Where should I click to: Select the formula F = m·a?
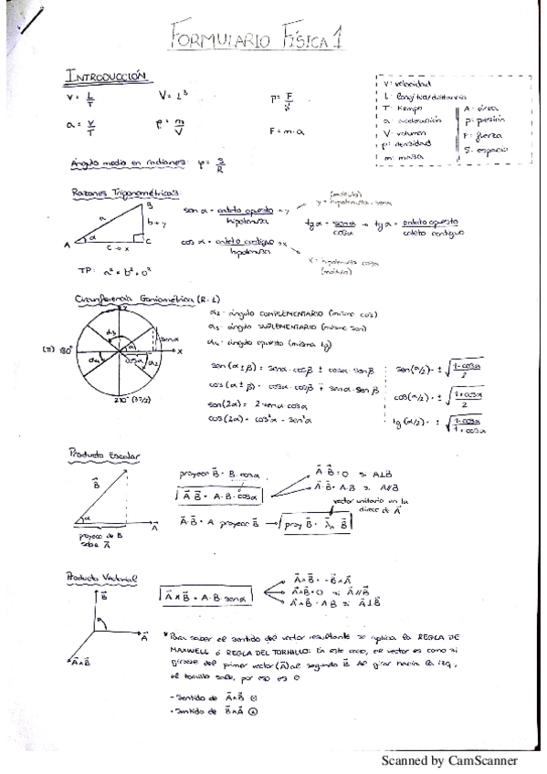click(287, 131)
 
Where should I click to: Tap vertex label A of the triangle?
click(67, 245)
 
